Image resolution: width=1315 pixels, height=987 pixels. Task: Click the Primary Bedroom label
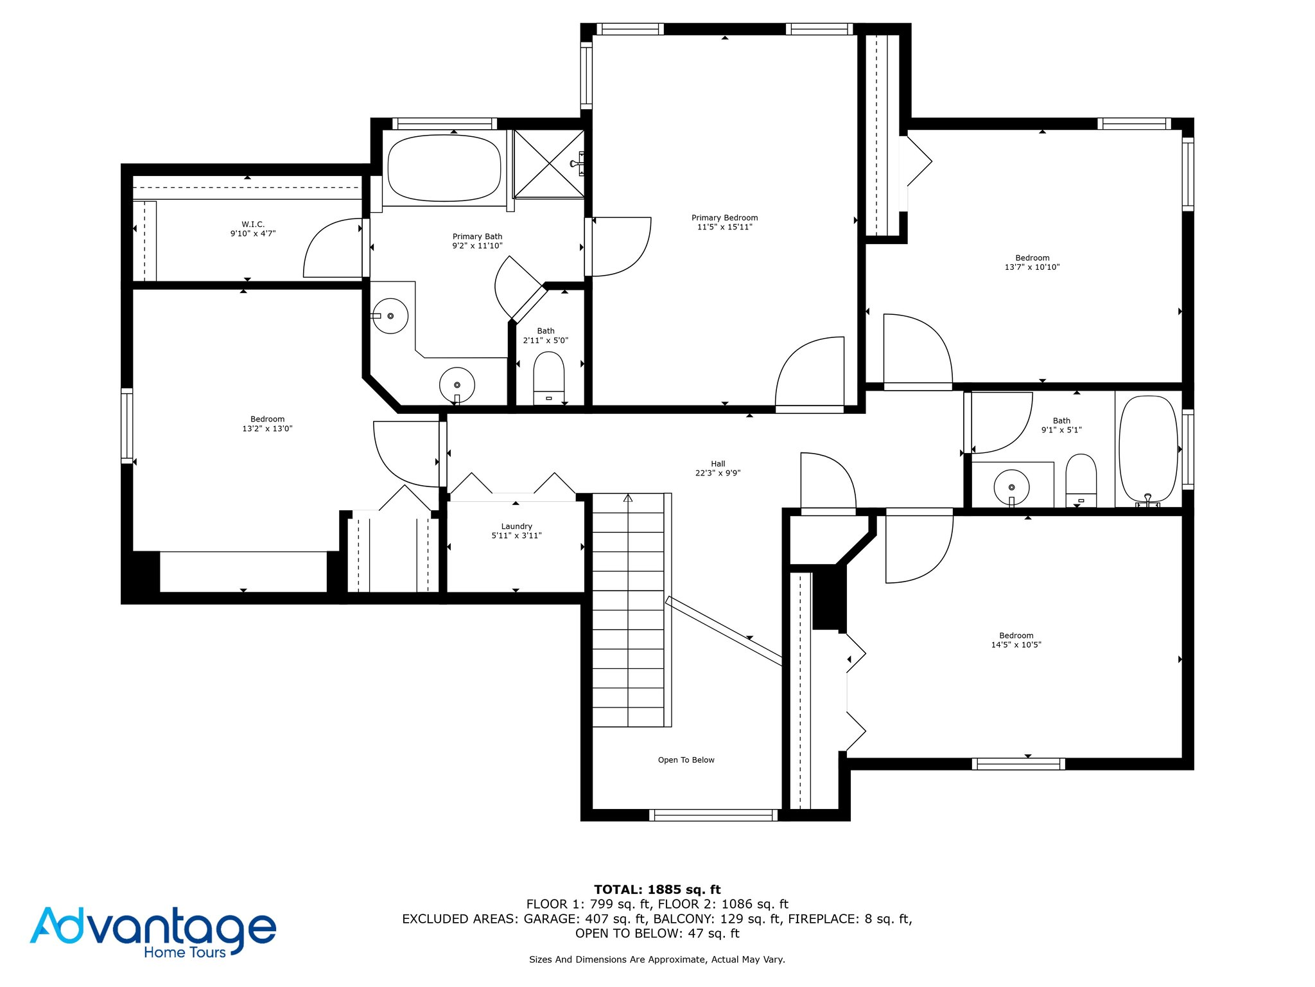[x=724, y=218]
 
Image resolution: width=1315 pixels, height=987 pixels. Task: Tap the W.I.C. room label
[x=253, y=224]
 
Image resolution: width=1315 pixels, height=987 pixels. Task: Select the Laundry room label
[x=516, y=526]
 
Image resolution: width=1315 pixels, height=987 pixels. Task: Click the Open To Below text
[x=686, y=760]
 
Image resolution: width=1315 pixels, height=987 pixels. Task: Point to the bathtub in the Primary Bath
[x=444, y=168]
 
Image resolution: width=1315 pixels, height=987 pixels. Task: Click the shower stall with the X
[x=549, y=164]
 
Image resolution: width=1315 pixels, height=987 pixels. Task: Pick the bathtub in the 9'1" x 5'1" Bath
[x=1148, y=449]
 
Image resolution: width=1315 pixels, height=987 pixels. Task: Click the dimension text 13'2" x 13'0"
[x=267, y=429]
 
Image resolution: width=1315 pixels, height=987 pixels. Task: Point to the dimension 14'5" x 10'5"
[x=1016, y=645]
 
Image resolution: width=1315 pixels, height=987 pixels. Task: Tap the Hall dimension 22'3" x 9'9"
[x=718, y=473]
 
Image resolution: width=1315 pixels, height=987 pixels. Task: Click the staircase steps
[x=628, y=610]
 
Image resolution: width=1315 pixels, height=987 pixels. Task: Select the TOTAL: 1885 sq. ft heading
[x=657, y=889]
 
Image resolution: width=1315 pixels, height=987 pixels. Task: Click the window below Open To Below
[x=713, y=815]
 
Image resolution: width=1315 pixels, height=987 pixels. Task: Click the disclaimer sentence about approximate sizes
[x=657, y=959]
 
